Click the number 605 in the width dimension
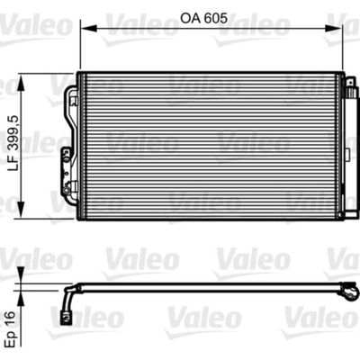(x=215, y=18)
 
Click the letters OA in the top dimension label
(x=190, y=18)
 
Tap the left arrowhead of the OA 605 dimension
(x=87, y=29)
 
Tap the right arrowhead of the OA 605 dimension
(x=335, y=29)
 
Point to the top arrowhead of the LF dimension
(x=21, y=82)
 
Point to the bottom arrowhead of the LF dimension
(x=21, y=210)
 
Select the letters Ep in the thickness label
(x=12, y=339)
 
